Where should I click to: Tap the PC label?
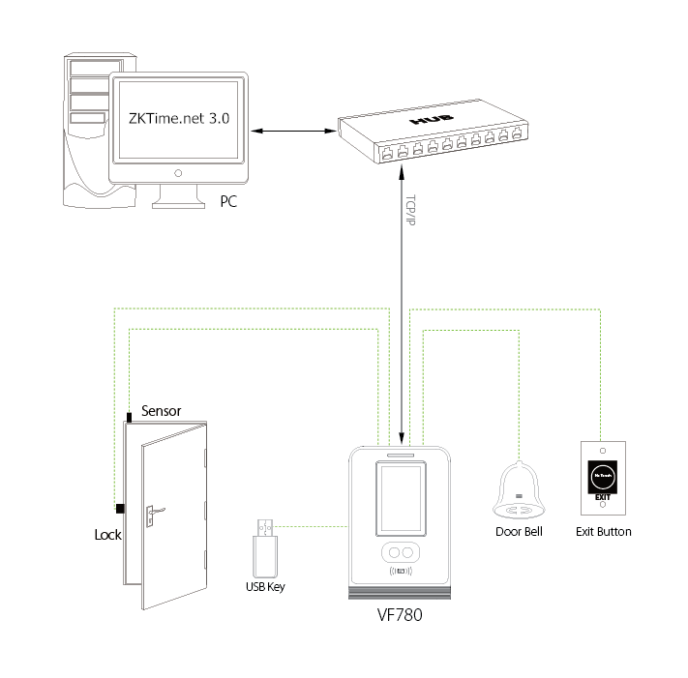(x=228, y=203)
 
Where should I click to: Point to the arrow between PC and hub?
(x=291, y=130)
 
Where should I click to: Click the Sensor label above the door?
(x=162, y=411)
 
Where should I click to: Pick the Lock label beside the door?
(x=107, y=534)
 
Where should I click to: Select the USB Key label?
(x=265, y=587)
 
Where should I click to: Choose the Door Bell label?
(x=521, y=532)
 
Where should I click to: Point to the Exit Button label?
(x=603, y=532)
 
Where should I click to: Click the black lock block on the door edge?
(x=120, y=509)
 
